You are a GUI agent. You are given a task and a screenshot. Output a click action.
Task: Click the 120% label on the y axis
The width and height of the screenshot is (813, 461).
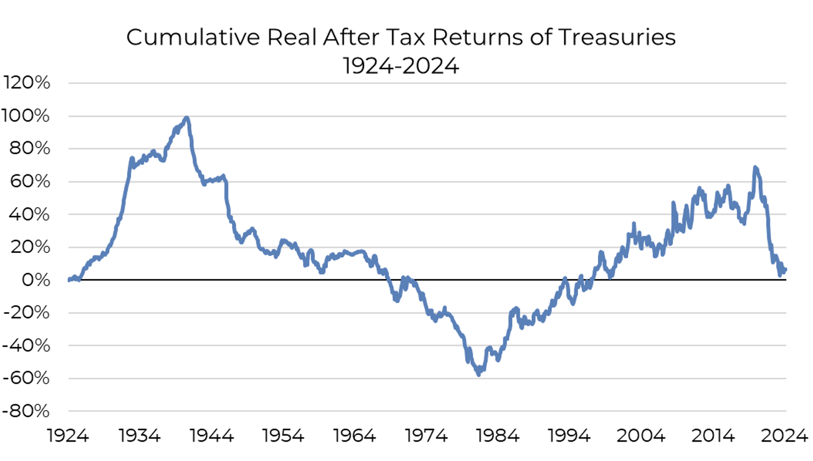[x=27, y=83]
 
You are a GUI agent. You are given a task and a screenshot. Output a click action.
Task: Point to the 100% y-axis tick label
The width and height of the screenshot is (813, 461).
[x=27, y=116]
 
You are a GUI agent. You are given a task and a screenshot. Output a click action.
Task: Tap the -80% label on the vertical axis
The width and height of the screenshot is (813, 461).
[x=27, y=411]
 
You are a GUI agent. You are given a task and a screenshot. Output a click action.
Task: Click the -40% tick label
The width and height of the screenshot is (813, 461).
[x=27, y=346]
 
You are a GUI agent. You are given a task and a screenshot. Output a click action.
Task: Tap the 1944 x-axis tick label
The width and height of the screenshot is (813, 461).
[x=212, y=436]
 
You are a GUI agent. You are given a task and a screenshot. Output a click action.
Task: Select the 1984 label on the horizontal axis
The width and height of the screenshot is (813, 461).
[x=499, y=436]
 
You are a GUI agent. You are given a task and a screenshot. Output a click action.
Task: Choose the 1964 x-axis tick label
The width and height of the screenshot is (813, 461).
[x=355, y=436]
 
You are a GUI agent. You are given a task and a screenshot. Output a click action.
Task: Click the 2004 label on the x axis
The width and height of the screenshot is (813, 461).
[x=642, y=436]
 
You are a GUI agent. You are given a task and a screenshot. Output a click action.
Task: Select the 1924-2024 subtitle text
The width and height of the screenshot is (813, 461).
[x=401, y=66]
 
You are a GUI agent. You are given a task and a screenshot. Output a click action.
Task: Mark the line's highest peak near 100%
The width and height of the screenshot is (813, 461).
[x=187, y=118]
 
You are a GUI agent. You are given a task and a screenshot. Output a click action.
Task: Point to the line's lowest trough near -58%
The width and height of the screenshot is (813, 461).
[x=479, y=374]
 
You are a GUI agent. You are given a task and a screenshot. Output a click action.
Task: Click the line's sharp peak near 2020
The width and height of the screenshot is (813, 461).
[x=755, y=168]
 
